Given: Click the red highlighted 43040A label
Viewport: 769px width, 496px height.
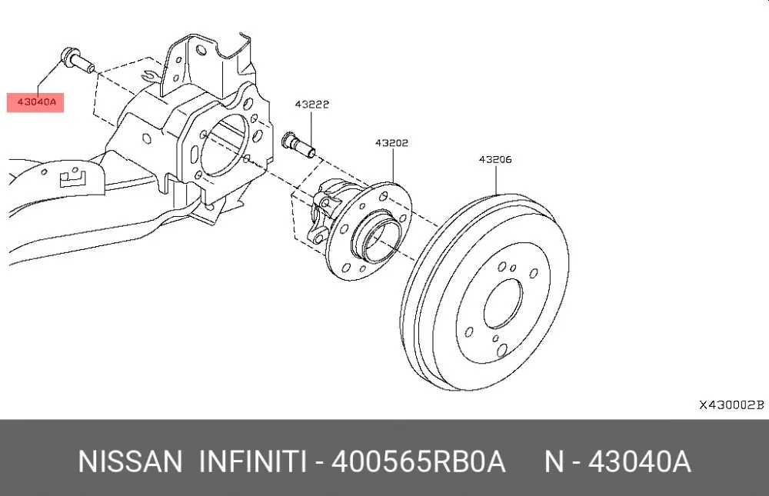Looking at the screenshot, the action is pos(35,102).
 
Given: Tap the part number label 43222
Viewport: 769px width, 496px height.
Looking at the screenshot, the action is pos(312,105).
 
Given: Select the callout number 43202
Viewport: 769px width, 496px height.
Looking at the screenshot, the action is pos(392,143).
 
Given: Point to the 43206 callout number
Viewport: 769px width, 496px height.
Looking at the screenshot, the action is pos(495,159).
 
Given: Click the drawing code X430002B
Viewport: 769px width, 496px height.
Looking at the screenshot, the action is pos(731,405).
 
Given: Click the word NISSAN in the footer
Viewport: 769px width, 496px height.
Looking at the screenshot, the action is pos(130,461).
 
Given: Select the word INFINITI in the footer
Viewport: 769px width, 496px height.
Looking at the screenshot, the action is pos(253,461).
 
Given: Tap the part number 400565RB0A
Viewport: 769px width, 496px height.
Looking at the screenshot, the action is pos(418,461).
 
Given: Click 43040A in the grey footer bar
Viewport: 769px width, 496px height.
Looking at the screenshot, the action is pos(640,461).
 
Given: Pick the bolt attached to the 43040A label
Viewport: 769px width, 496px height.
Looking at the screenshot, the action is pos(77,60).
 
